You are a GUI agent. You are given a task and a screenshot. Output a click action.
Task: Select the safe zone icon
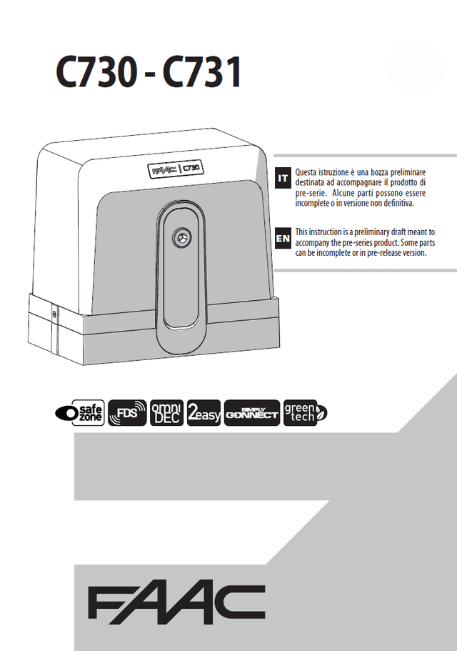point(80,413)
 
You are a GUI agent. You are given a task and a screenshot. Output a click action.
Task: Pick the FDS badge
point(127,413)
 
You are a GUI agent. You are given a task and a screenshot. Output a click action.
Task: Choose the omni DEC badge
point(166,413)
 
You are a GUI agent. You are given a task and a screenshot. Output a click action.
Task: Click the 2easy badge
point(204,413)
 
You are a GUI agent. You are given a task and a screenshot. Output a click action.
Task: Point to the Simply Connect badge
point(252,413)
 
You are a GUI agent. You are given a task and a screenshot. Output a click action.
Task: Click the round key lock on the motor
point(181,237)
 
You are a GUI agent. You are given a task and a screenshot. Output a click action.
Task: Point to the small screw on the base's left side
point(54,313)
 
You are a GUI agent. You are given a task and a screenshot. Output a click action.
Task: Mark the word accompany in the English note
point(313,242)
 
